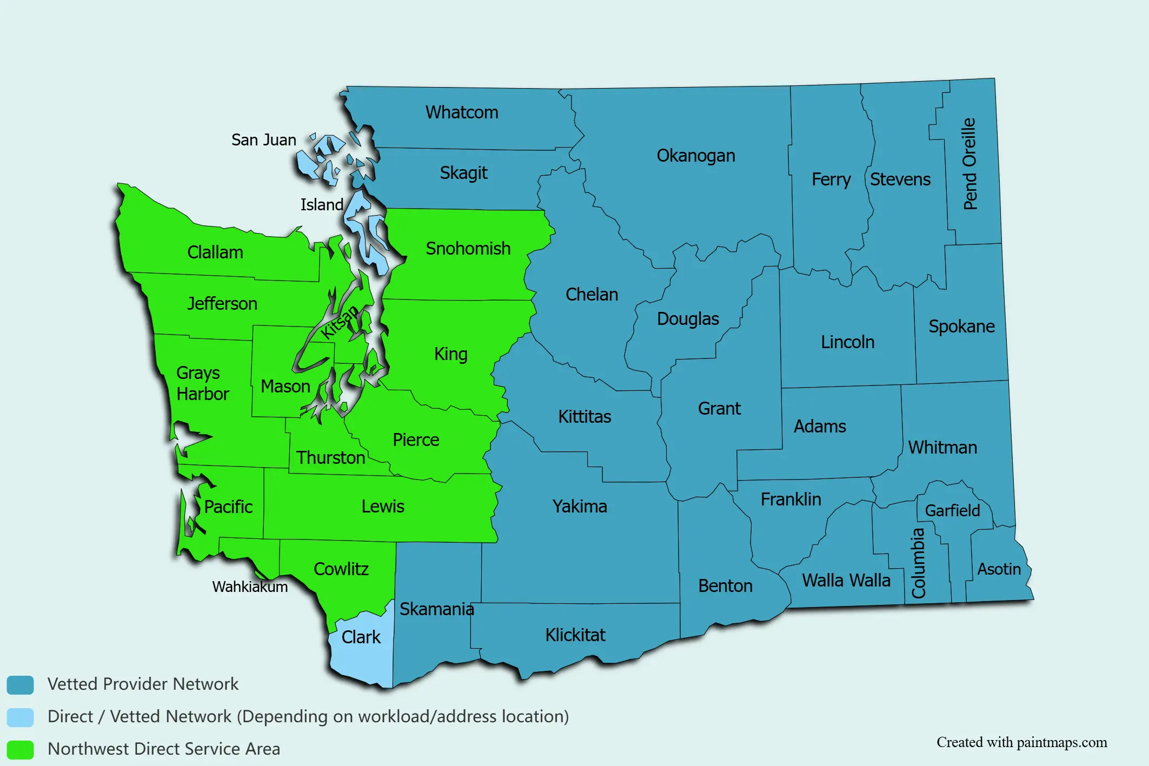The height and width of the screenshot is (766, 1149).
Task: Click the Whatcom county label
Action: point(461,112)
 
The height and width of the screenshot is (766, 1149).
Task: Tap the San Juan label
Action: point(263,139)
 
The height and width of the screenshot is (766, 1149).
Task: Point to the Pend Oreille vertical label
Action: point(970,164)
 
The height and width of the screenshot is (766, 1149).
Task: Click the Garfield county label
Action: point(952,510)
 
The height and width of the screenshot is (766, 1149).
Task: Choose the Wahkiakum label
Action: point(250,587)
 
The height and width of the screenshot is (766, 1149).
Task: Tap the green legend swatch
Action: point(20,749)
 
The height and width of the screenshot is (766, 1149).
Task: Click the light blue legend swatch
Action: point(20,717)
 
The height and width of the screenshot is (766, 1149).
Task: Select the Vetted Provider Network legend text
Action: point(143,684)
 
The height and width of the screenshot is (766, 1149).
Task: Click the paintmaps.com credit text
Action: point(1021,742)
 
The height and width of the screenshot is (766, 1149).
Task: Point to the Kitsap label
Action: point(339,322)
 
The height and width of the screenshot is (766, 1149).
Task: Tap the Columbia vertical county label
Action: point(919,563)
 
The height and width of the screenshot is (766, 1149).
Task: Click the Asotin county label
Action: point(999,569)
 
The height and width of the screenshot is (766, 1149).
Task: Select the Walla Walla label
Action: point(846,580)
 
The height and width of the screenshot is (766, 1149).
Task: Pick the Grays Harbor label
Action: point(202,383)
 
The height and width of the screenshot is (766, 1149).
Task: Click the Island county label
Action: point(322,204)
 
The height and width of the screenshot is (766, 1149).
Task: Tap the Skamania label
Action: point(436,609)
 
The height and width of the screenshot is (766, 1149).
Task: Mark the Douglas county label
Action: point(688,318)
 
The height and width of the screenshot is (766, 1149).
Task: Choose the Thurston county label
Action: point(330,457)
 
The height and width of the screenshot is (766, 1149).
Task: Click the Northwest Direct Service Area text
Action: point(164,749)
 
